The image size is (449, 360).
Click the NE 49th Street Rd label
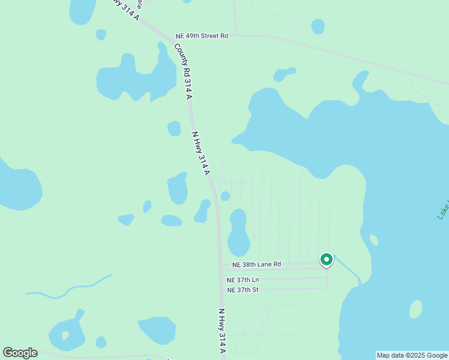[202, 36]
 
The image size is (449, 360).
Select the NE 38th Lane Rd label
[256, 264]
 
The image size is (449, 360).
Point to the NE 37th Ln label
[243, 280]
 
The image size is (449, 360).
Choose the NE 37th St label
[243, 290]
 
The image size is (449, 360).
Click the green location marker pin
[326, 259]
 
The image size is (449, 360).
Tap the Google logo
[20, 353]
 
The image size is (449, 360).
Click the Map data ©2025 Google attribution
[411, 355]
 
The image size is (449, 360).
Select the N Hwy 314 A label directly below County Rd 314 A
[200, 153]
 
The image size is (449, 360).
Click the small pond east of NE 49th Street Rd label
[318, 26]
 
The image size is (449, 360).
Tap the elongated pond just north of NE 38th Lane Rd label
[238, 233]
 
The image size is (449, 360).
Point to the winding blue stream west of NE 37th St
[69, 289]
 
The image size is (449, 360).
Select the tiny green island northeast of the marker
[374, 240]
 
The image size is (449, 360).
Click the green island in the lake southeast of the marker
[415, 308]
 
